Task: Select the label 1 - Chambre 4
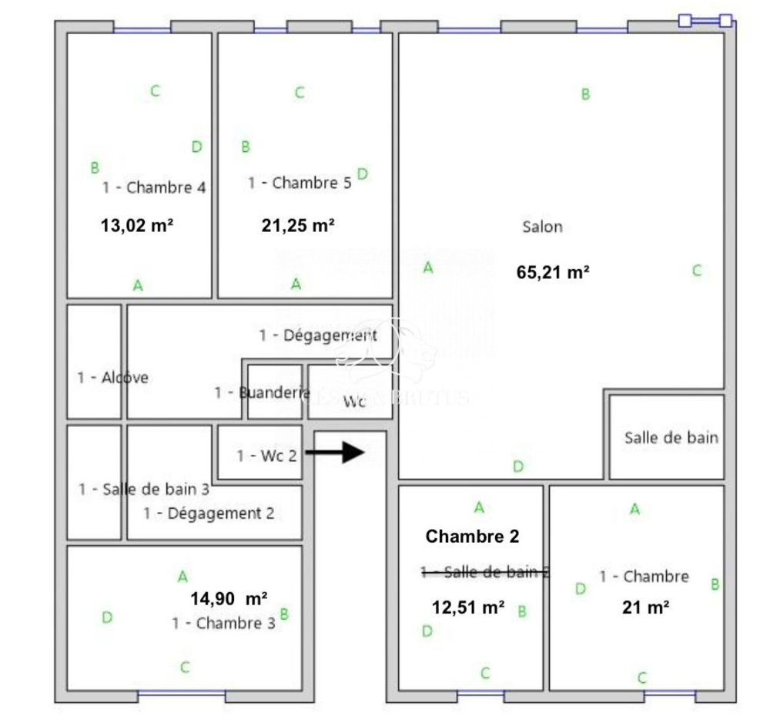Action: [x=153, y=187]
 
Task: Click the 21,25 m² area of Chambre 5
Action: [x=298, y=226]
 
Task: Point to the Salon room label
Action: [x=542, y=227]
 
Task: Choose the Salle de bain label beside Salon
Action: [x=671, y=438]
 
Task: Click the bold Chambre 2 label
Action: [x=472, y=536]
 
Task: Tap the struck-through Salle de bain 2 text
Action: [x=484, y=571]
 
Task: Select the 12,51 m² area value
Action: [x=468, y=608]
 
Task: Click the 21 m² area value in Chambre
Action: [x=644, y=608]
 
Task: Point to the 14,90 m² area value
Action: [x=229, y=598]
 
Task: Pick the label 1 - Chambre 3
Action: [x=223, y=623]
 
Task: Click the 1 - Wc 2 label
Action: [x=266, y=456]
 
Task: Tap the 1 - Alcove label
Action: [x=112, y=378]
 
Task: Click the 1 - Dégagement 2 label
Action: [x=209, y=513]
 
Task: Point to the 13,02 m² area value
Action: [x=136, y=226]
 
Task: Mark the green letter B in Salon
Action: [x=585, y=95]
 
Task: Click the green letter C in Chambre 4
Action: [x=155, y=91]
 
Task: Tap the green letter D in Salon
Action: [x=518, y=466]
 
